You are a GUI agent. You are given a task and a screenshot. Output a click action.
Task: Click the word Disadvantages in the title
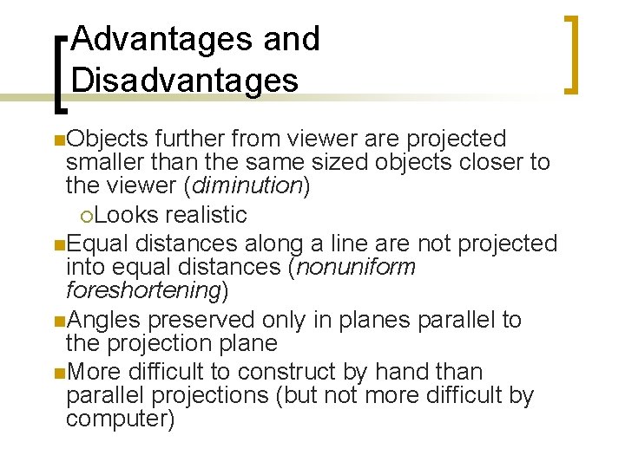[x=185, y=80]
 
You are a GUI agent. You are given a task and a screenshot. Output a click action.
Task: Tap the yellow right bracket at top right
[x=569, y=54]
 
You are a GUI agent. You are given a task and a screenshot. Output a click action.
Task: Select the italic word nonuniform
[x=356, y=267]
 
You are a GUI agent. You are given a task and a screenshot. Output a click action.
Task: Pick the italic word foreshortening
[x=143, y=290]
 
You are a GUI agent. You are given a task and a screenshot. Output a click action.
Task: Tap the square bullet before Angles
[x=57, y=321]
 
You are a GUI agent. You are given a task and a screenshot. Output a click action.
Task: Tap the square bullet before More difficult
[x=57, y=374]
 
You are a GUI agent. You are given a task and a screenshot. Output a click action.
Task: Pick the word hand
[x=413, y=372]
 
